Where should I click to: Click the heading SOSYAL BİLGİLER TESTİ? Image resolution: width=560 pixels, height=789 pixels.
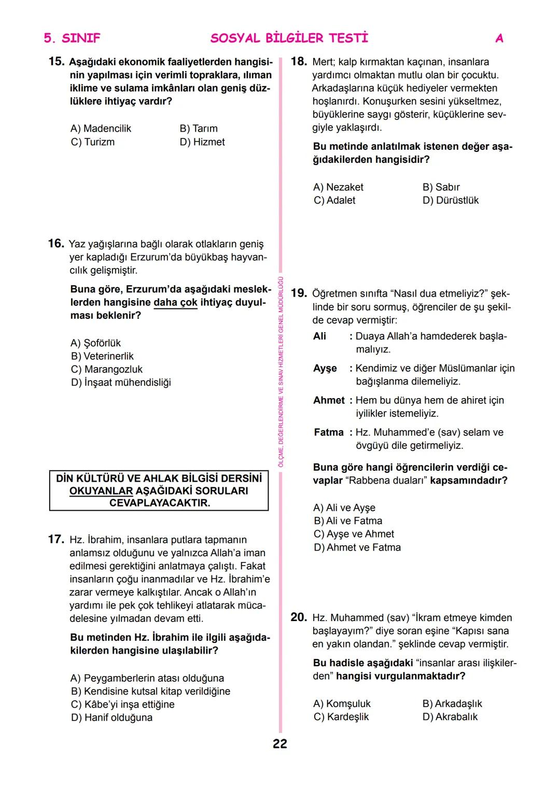coord(289,38)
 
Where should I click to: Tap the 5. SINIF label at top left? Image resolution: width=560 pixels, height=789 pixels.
coord(72,38)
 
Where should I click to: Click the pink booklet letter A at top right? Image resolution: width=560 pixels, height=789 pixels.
coord(499,38)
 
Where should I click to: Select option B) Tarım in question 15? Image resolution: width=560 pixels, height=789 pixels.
coord(199,129)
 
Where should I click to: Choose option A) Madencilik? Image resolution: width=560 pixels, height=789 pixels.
coord(101,129)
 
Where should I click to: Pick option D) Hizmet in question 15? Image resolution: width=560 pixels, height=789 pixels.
coord(202,142)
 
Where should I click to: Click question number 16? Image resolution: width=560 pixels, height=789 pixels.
coord(56,244)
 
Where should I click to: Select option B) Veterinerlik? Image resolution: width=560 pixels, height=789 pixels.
coord(102,356)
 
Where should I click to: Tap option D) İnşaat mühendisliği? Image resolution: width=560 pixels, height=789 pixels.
coord(121,383)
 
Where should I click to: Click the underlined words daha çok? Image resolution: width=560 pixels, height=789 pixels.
coord(175,303)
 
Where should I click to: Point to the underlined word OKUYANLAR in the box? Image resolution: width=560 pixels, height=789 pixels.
coord(101,491)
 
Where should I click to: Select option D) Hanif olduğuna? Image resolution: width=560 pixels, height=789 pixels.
coord(111,717)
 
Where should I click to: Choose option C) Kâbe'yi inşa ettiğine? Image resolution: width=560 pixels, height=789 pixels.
coord(122,705)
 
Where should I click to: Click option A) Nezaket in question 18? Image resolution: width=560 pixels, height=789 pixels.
coord(338,187)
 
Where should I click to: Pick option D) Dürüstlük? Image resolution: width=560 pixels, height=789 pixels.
coord(451,200)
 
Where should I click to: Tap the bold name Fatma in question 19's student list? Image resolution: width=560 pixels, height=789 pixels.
coord(329,432)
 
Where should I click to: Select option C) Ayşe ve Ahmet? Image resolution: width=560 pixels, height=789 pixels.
coord(354,534)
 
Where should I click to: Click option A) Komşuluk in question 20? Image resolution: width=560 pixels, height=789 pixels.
coord(342,704)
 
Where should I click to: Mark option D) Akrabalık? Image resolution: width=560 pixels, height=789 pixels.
coord(450,717)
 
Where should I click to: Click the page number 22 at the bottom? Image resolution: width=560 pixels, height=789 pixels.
coord(280,744)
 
